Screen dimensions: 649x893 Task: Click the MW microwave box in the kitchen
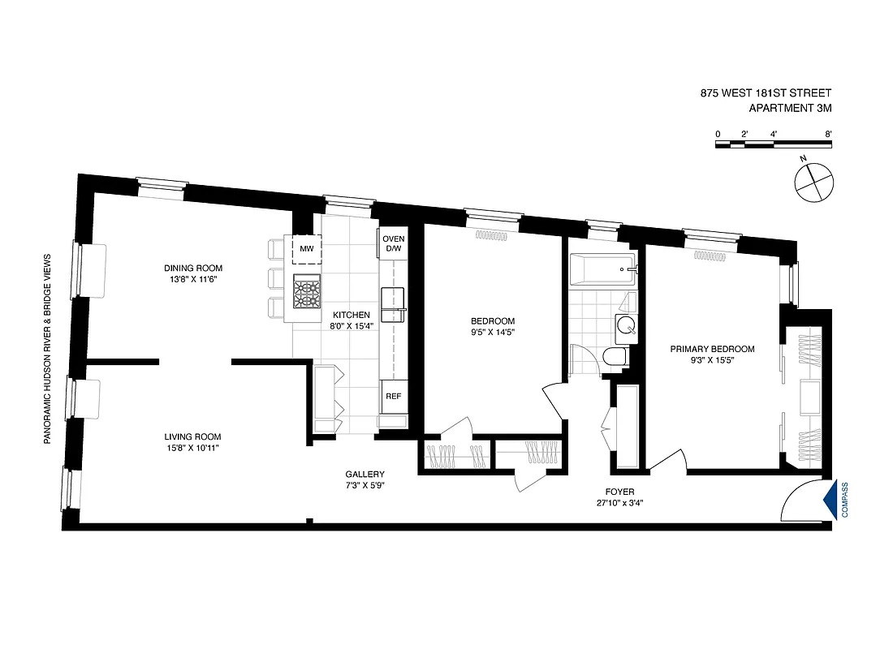[306, 248]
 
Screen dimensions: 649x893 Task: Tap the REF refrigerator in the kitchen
[393, 397]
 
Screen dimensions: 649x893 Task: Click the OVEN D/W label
[393, 243]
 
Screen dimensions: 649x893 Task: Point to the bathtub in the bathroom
[602, 269]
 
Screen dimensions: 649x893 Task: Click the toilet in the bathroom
[615, 356]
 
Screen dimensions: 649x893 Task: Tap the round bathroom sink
[626, 326]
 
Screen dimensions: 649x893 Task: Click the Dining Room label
[192, 269]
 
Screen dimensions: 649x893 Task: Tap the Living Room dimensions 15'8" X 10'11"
[192, 447]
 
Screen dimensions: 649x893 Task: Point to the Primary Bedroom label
[712, 349]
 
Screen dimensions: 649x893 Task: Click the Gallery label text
[365, 475]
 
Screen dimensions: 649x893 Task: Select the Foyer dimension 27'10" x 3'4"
[619, 502]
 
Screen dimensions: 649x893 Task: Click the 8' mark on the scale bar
[827, 133]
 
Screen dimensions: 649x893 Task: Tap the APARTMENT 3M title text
[790, 107]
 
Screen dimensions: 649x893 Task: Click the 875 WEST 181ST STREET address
[766, 93]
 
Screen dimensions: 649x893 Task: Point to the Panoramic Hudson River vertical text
[47, 347]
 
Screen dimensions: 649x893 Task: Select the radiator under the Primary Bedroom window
[712, 255]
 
